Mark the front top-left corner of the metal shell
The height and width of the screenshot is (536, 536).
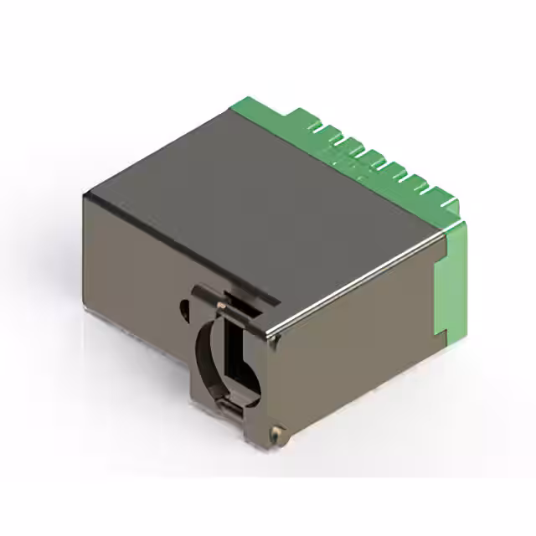pos(85,194)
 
